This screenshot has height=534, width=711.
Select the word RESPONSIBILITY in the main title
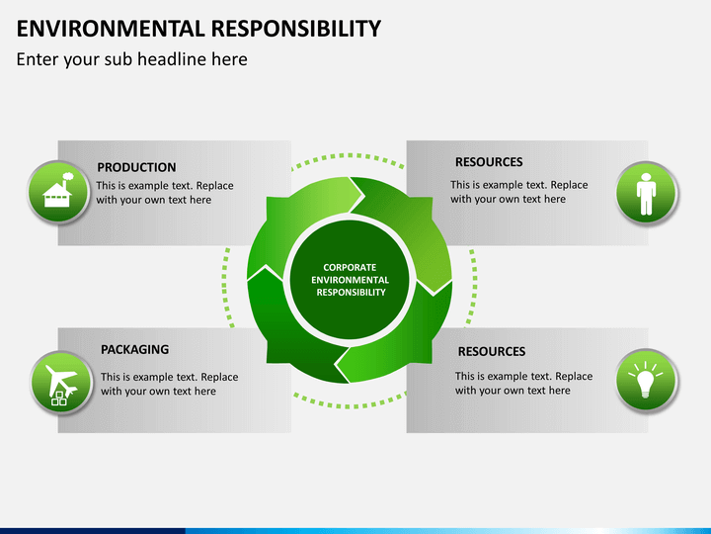click(296, 29)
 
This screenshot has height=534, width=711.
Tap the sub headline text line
click(132, 59)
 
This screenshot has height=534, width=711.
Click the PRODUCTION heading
click(136, 167)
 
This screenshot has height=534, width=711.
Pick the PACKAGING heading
click(134, 349)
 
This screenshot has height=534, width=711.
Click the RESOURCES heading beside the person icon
click(489, 162)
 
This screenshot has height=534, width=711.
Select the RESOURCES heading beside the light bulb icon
click(492, 351)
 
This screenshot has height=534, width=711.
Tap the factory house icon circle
click(58, 192)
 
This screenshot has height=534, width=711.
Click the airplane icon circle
click(61, 383)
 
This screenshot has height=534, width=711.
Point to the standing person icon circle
click(647, 193)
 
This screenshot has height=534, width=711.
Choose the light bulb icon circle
click(647, 381)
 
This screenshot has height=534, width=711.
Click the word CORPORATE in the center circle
click(350, 267)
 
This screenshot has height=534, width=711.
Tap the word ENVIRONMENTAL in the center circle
click(350, 280)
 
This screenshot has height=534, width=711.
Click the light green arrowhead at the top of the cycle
click(355, 195)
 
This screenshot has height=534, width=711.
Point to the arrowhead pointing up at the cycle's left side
click(265, 273)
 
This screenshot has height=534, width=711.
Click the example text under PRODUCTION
click(165, 193)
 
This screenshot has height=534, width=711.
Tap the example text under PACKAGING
click(169, 384)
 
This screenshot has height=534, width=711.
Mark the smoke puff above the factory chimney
click(68, 177)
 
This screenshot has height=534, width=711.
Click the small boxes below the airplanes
click(59, 400)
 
